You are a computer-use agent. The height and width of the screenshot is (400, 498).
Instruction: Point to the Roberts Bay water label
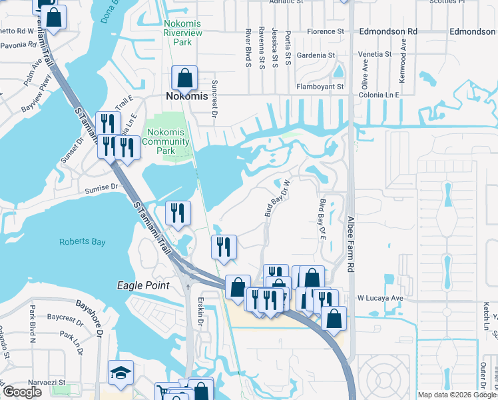tap(82, 242)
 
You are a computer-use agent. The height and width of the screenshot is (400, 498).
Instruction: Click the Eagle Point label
tap(143, 285)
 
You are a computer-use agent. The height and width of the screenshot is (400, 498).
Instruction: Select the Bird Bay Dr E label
tap(325, 218)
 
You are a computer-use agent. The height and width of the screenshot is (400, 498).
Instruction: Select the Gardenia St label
tap(316, 55)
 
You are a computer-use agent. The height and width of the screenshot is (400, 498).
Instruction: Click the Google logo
tap(22, 392)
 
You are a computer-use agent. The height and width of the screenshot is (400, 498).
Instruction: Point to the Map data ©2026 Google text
tap(456, 395)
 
